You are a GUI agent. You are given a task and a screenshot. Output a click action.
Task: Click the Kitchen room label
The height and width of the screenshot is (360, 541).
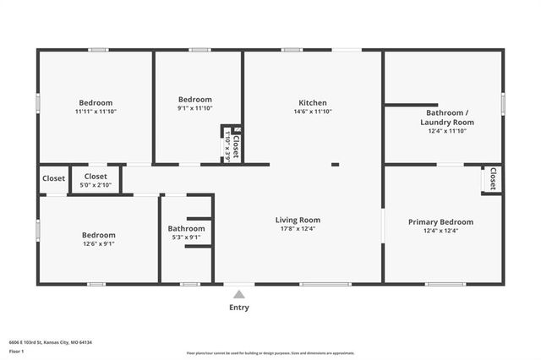click(312, 103)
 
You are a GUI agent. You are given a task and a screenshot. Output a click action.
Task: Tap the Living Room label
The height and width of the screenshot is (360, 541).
click(300, 221)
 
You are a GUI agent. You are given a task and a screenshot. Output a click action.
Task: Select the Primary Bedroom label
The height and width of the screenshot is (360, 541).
click(440, 222)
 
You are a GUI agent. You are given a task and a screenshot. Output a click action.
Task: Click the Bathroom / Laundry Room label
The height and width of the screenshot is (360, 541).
click(446, 117)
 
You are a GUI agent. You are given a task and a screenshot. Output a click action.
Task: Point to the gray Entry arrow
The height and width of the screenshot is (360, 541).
click(239, 294)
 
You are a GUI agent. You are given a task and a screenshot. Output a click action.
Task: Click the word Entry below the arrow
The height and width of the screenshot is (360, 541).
click(239, 308)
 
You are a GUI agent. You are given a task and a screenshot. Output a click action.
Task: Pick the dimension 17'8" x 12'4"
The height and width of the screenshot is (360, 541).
click(300, 229)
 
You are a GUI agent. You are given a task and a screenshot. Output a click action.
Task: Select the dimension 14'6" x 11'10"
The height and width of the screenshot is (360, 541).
click(312, 112)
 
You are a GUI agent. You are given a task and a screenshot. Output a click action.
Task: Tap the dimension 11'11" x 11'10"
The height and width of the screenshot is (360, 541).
click(96, 112)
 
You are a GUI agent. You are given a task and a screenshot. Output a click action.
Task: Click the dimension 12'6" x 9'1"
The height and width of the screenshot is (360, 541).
click(98, 244)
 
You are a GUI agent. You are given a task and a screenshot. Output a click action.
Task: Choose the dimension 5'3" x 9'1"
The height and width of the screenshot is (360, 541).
click(186, 237)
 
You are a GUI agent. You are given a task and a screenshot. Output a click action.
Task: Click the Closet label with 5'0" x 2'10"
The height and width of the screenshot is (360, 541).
click(96, 177)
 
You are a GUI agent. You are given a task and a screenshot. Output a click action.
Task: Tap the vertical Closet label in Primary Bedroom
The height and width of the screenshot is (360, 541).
click(492, 179)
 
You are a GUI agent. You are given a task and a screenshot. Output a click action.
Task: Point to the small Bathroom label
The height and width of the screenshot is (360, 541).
click(186, 228)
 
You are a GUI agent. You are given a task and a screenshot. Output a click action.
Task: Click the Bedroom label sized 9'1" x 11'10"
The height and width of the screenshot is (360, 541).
click(194, 100)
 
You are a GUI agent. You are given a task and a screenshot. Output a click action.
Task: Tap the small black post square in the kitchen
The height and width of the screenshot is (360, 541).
click(335, 164)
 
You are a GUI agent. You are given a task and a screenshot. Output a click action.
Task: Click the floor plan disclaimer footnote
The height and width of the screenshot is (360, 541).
click(270, 352)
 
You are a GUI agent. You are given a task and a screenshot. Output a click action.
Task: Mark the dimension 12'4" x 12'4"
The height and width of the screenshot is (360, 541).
click(440, 231)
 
